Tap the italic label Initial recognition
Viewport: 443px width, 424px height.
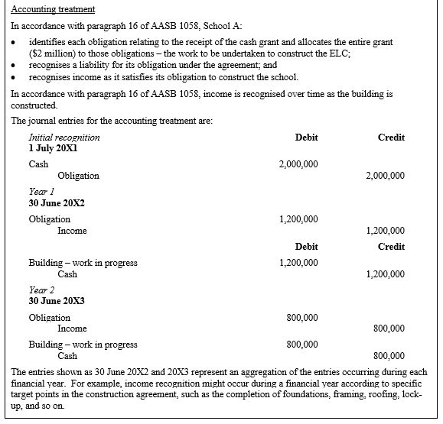[x=64, y=138]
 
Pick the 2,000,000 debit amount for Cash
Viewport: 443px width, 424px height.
[x=298, y=164]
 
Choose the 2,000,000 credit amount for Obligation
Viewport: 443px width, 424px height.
[x=386, y=176]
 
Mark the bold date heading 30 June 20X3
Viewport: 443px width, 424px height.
[x=57, y=301]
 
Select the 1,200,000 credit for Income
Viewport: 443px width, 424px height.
[x=386, y=230]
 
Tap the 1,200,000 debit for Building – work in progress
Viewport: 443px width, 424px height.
[x=298, y=263]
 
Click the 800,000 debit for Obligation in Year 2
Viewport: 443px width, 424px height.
[x=303, y=317]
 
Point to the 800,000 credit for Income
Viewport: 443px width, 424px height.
[x=390, y=329]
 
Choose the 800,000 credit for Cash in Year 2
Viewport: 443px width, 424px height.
[x=390, y=356]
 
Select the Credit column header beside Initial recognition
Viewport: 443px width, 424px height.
[x=391, y=138]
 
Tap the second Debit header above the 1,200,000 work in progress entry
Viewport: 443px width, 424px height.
[x=306, y=247]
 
